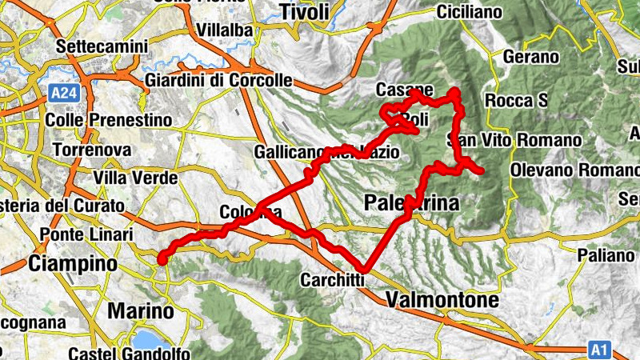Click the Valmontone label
(x=442, y=300)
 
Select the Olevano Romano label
(x=574, y=170)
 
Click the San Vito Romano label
(x=520, y=141)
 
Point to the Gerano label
(x=531, y=57)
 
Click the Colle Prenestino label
(x=110, y=120)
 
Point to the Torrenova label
(x=90, y=150)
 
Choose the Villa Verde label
(x=134, y=177)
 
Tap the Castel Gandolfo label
(x=129, y=353)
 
